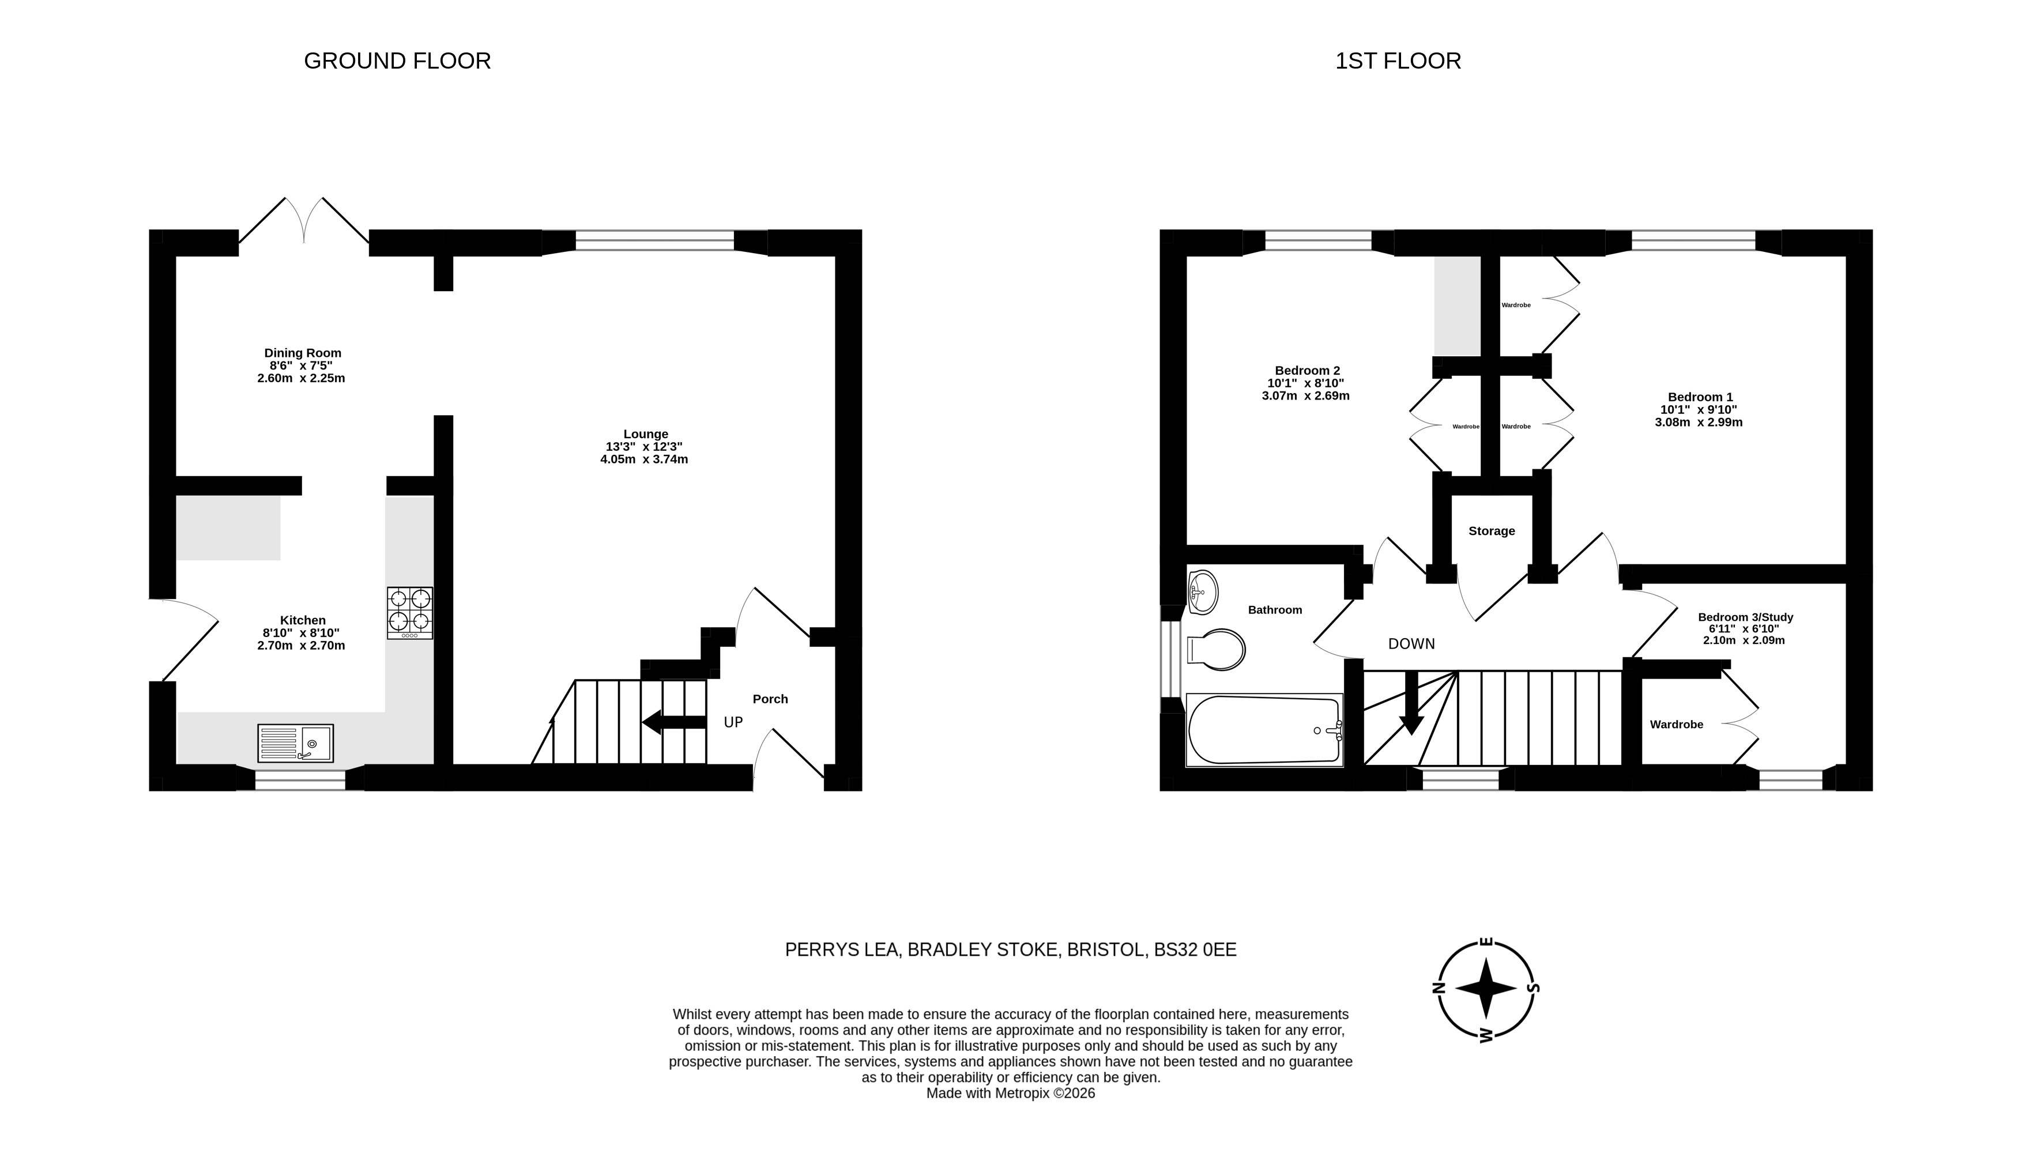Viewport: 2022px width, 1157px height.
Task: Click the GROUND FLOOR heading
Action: click(x=397, y=61)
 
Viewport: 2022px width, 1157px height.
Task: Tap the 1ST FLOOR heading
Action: click(x=1398, y=61)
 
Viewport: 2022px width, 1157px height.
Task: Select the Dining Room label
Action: click(x=303, y=353)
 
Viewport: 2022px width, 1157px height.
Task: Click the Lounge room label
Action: click(x=645, y=434)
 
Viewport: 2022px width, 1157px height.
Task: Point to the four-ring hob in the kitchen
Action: click(x=410, y=613)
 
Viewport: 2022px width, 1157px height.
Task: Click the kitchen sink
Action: click(x=296, y=743)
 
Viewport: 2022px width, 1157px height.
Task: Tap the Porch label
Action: click(x=770, y=699)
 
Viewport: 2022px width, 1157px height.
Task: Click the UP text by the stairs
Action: click(x=733, y=722)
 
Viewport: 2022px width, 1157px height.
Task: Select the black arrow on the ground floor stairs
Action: click(x=674, y=722)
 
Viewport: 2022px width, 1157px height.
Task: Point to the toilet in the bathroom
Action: click(x=1215, y=650)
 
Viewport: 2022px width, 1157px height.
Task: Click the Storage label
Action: click(x=1491, y=531)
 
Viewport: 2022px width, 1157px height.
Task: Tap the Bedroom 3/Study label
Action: click(x=1745, y=617)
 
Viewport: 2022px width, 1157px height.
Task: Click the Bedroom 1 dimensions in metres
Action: click(x=1699, y=423)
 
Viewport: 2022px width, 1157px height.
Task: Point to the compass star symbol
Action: click(x=1486, y=989)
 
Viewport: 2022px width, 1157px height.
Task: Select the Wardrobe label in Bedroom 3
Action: click(x=1677, y=725)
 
